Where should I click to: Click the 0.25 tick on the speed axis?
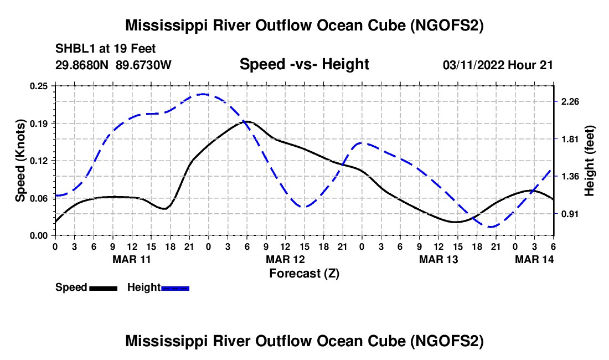(x=39, y=86)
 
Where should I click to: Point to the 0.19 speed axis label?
(x=39, y=123)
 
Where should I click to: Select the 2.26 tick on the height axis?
(x=570, y=101)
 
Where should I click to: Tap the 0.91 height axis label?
(x=570, y=214)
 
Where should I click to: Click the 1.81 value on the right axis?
(x=570, y=139)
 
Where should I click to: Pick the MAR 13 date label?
(x=438, y=259)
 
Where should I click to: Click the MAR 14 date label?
(x=534, y=259)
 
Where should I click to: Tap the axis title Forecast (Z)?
(x=304, y=273)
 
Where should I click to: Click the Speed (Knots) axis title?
(x=20, y=160)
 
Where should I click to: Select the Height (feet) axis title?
(x=589, y=160)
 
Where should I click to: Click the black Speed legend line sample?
(x=103, y=287)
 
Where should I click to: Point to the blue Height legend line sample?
(x=176, y=287)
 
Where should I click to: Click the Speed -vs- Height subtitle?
(x=304, y=64)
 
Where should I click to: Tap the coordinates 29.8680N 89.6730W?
(x=113, y=65)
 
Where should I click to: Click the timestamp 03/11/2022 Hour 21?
(x=498, y=65)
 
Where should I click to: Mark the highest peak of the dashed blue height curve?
(x=203, y=94)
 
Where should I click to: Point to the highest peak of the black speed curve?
(x=247, y=121)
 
